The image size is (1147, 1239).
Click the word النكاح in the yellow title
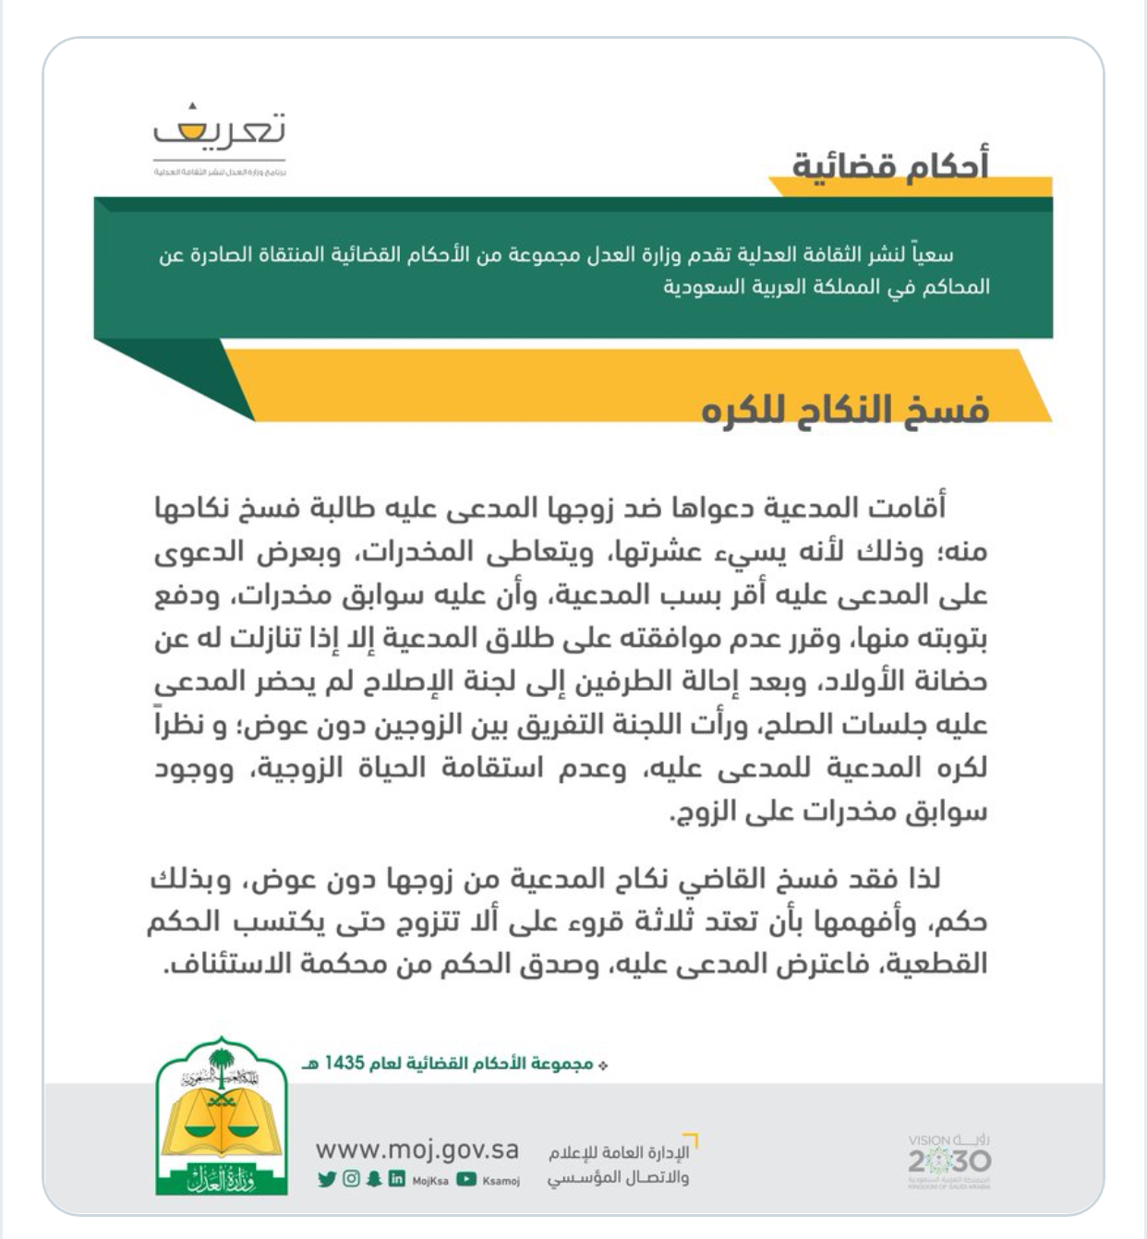click(x=836, y=408)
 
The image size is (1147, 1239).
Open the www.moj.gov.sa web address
click(x=417, y=1150)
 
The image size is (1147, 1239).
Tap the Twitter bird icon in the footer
click(x=326, y=1179)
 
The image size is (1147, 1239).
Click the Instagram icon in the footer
click(x=351, y=1179)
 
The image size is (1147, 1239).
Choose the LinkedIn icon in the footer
click(x=397, y=1179)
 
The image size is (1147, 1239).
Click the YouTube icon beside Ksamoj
click(x=466, y=1179)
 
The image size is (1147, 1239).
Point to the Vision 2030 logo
click(x=948, y=1159)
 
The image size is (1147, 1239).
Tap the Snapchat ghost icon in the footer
click(x=374, y=1179)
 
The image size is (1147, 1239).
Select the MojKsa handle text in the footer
click(x=430, y=1180)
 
